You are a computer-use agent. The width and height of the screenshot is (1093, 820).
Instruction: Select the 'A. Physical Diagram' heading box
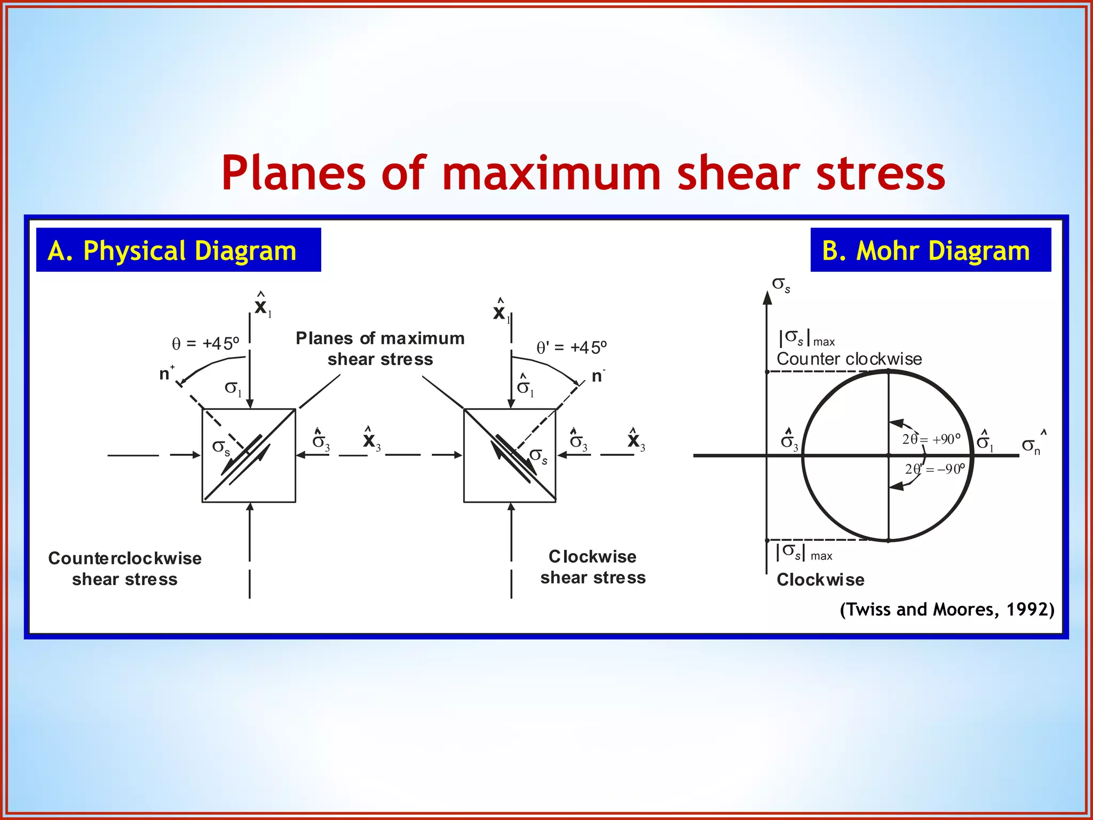click(178, 250)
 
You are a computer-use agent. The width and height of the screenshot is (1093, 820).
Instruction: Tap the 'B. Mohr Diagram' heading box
click(930, 250)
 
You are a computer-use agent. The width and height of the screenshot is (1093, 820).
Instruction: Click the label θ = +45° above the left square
click(205, 343)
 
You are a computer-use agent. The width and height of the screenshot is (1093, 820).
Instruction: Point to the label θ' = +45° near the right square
click(572, 348)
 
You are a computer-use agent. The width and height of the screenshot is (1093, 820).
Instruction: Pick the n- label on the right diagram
click(598, 376)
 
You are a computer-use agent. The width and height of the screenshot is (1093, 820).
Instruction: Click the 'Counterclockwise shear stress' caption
click(125, 569)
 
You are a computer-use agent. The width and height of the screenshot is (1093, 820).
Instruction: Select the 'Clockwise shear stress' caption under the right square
click(593, 567)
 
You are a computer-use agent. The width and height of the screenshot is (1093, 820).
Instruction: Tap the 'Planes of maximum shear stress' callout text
click(380, 349)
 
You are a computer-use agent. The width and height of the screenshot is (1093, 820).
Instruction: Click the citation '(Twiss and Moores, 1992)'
click(947, 609)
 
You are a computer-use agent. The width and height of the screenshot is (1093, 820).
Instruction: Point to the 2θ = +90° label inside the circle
click(931, 439)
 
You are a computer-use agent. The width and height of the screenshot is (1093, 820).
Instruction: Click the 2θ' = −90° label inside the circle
click(934, 469)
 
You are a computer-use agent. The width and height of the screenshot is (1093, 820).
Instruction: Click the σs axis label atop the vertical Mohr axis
click(781, 285)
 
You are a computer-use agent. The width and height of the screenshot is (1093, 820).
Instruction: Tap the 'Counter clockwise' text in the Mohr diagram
click(849, 359)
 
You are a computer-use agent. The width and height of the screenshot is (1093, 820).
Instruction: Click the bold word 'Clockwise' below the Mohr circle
click(820, 580)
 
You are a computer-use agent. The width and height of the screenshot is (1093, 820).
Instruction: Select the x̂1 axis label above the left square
click(262, 306)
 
